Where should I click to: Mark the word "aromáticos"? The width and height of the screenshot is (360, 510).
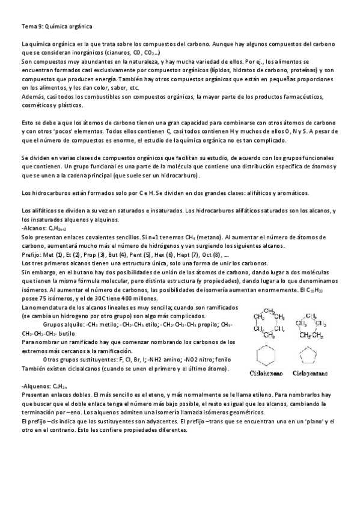point(290,193)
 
